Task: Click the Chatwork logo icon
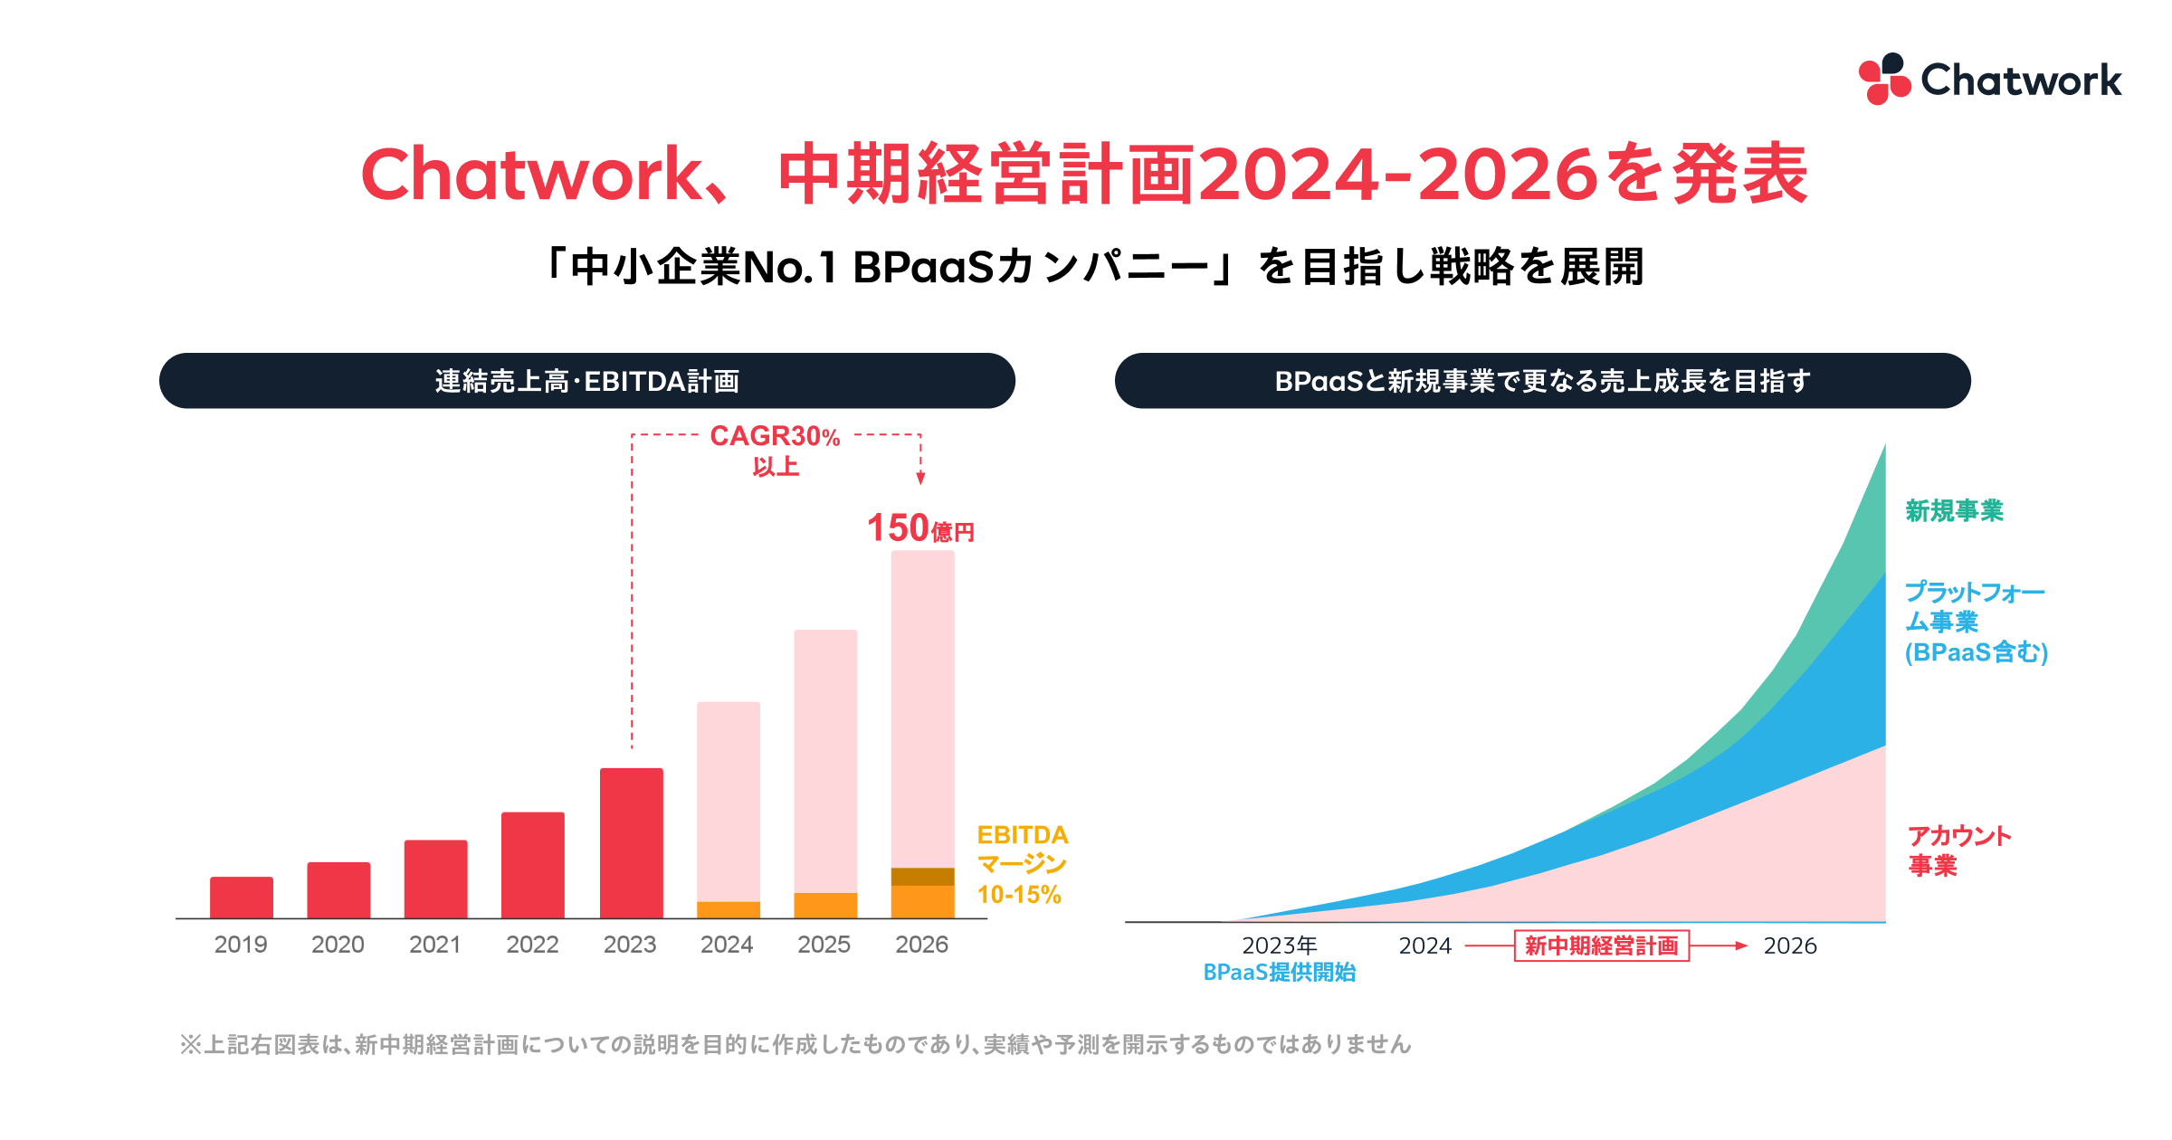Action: (1883, 79)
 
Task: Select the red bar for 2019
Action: (242, 897)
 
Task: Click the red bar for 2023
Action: (632, 842)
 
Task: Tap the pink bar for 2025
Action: (825, 760)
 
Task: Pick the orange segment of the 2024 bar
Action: (729, 909)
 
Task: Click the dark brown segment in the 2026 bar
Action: (922, 876)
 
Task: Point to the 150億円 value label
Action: (919, 528)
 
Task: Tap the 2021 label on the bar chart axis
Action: (435, 945)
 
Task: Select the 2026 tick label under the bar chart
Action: (921, 945)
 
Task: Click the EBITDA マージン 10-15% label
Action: (1022, 864)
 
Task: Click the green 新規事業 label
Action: (1954, 511)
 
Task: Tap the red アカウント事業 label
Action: (1958, 850)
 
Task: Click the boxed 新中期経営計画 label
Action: (1601, 945)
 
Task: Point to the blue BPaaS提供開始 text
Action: (1279, 973)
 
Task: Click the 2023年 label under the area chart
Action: (1279, 945)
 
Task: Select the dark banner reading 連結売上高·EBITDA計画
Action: (586, 381)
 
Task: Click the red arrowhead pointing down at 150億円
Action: (920, 479)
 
